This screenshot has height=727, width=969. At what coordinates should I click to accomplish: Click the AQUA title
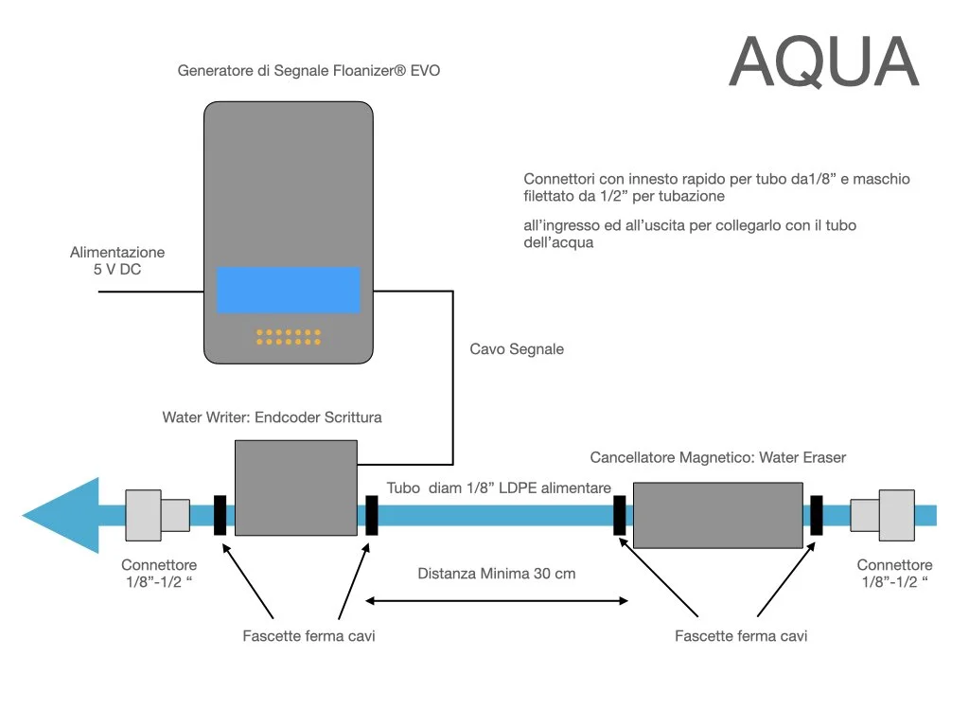(x=823, y=63)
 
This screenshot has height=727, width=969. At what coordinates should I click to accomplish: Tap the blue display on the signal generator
(x=289, y=290)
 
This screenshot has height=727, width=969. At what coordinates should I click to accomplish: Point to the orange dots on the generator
(x=289, y=336)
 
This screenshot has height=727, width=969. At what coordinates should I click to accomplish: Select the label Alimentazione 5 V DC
(x=117, y=261)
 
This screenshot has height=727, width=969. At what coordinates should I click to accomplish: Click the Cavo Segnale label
(x=517, y=349)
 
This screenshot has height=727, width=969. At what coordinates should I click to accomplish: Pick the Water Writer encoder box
(x=295, y=488)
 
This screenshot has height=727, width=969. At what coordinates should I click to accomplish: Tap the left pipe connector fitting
(x=157, y=515)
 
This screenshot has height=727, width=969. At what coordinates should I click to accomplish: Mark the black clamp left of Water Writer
(x=220, y=515)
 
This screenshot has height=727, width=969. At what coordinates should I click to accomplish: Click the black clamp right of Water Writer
(x=371, y=515)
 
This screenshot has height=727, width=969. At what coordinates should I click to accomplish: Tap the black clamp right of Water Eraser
(x=816, y=515)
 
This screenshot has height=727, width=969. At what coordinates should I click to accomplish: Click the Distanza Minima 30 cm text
(x=497, y=574)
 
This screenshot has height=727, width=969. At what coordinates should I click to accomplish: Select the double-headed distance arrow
(x=498, y=599)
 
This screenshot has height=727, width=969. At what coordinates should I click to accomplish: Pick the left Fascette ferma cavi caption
(x=308, y=636)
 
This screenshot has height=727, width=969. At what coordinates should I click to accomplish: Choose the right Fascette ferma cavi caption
(x=741, y=636)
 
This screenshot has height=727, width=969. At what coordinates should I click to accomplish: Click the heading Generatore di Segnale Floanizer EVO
(x=308, y=71)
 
